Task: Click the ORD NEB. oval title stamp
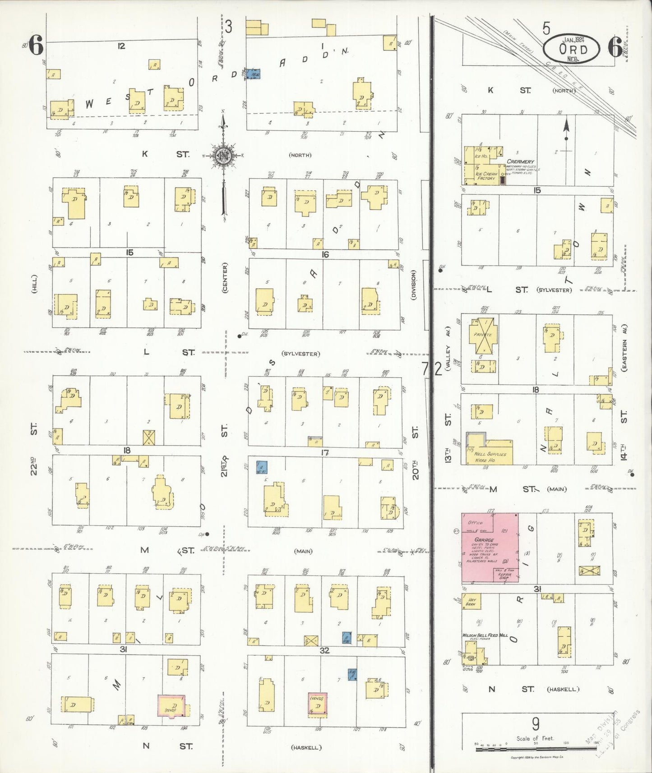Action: coord(572,48)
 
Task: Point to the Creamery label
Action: coord(520,161)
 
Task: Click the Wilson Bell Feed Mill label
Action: coord(485,635)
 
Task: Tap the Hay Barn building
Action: coord(472,602)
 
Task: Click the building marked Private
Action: coord(482,335)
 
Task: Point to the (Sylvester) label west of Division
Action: coord(301,354)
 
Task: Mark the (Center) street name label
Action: coord(225,278)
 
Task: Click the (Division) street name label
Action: coord(413,284)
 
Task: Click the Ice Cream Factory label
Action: coord(486,176)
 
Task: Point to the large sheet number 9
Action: coord(536,724)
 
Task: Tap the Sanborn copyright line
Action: coord(536,757)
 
